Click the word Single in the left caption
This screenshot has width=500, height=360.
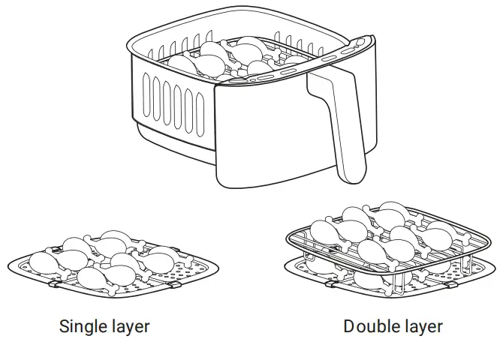[x=83, y=327]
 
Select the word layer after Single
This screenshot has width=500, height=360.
[x=130, y=327]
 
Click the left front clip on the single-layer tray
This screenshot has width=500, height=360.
[x=56, y=284]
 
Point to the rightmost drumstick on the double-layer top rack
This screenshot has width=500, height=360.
[x=439, y=234]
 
